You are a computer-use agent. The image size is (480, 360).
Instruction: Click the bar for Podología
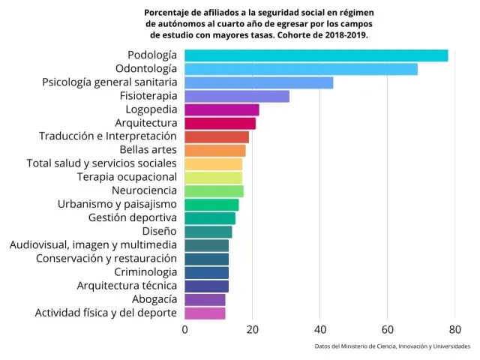tap(316, 55)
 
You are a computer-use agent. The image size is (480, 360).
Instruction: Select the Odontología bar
tap(301, 69)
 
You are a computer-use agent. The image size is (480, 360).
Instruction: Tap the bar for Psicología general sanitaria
tap(259, 82)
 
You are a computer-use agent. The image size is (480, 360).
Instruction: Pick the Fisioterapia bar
tap(237, 96)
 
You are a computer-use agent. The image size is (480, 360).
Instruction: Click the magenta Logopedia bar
tap(222, 109)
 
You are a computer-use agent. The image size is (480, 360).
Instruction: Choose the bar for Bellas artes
tap(215, 150)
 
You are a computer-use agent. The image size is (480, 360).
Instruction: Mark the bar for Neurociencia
tap(214, 190)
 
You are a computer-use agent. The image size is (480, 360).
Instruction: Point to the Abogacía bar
tap(205, 299)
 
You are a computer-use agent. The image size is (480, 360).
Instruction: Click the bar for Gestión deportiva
tap(210, 218)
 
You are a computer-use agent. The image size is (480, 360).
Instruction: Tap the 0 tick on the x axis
tap(185, 328)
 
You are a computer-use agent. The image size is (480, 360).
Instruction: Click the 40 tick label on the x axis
tap(320, 328)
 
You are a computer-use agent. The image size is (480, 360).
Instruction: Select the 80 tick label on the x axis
tap(454, 328)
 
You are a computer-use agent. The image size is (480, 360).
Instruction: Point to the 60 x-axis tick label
tap(388, 328)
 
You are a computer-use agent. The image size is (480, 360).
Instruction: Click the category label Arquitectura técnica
tap(127, 286)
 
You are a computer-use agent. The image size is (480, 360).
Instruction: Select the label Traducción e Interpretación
tap(107, 136)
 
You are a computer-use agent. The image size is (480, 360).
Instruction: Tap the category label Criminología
tap(145, 272)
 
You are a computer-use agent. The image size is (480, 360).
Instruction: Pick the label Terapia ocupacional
tap(127, 177)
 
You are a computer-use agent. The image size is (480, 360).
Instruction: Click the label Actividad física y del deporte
tap(106, 313)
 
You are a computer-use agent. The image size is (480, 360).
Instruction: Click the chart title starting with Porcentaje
tap(259, 24)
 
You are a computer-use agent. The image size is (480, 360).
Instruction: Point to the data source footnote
tap(392, 346)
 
